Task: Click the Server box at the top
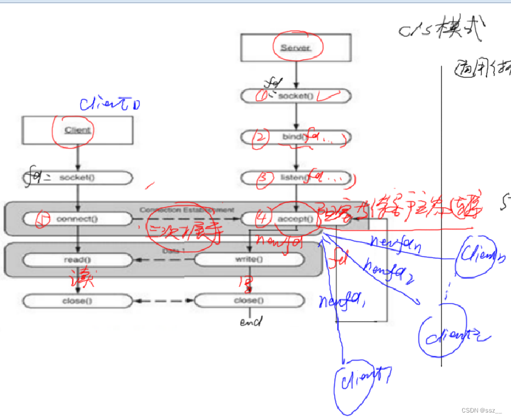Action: (x=296, y=48)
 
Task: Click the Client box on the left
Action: (x=78, y=130)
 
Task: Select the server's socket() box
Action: (x=296, y=96)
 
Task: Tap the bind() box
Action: (x=296, y=137)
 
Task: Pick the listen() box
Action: (x=296, y=177)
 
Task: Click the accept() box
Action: (x=296, y=219)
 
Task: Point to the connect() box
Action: (x=78, y=219)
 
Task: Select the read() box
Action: (x=78, y=260)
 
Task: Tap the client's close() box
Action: (x=78, y=300)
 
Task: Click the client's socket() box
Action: (x=78, y=177)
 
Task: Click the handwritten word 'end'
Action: (x=251, y=322)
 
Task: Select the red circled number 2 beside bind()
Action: (x=260, y=137)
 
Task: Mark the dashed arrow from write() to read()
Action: (x=164, y=260)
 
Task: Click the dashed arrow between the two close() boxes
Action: (x=164, y=300)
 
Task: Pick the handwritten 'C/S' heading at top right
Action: (x=417, y=31)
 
